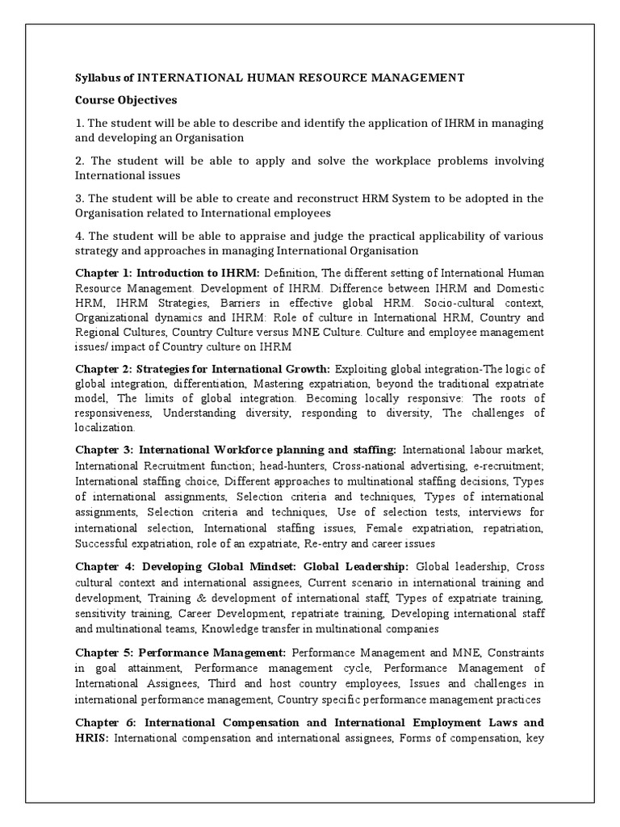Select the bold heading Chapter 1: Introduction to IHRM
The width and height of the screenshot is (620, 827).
pos(167,274)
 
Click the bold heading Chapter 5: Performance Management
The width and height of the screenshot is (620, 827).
pos(181,652)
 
